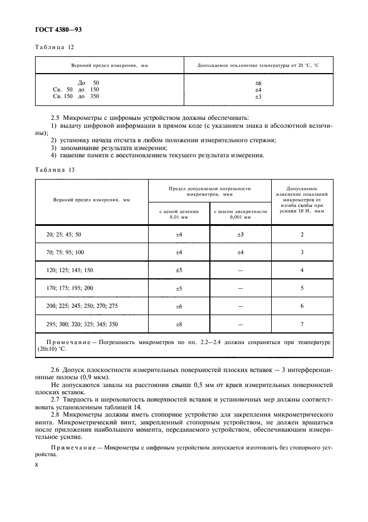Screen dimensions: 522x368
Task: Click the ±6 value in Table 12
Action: pyautogui.click(x=258, y=83)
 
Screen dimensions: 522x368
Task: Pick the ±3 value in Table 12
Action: pyautogui.click(x=258, y=96)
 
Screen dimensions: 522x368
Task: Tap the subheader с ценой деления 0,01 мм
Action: pyautogui.click(x=179, y=214)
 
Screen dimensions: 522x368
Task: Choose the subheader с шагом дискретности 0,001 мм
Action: pyautogui.click(x=241, y=214)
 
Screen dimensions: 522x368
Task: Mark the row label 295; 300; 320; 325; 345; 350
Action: pyautogui.click(x=82, y=324)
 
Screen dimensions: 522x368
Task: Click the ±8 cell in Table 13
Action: pyautogui.click(x=179, y=324)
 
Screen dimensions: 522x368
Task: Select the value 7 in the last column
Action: pyautogui.click(x=302, y=324)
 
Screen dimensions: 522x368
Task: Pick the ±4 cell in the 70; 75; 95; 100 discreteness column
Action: pyautogui.click(x=241, y=253)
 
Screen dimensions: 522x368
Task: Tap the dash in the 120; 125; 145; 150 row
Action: pyautogui.click(x=241, y=270)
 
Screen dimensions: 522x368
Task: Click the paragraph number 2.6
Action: pyautogui.click(x=55, y=371)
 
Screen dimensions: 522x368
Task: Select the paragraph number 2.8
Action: pyautogui.click(x=55, y=415)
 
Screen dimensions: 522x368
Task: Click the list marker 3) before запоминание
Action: pyautogui.click(x=53, y=148)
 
